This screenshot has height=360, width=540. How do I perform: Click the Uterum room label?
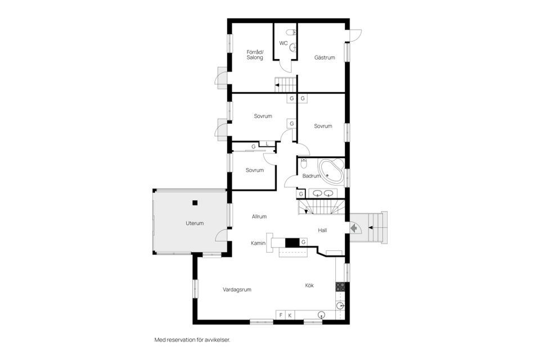tap(195, 223)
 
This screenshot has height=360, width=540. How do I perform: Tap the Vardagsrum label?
tap(237, 290)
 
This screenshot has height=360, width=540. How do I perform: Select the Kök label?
tap(309, 285)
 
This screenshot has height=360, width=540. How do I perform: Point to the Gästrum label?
tap(325, 57)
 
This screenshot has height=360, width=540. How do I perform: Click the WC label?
tap(283, 43)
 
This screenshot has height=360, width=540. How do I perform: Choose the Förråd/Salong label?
tap(255, 55)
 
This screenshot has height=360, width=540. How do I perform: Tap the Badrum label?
tap(311, 175)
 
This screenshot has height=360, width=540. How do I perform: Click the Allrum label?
tap(259, 217)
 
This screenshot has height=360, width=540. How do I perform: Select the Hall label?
tap(322, 230)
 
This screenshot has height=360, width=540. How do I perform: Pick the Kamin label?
tap(258, 243)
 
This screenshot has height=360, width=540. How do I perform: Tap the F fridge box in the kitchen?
tap(281, 315)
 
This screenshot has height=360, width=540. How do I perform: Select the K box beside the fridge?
tap(290, 315)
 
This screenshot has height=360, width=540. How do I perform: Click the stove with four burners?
tap(340, 287)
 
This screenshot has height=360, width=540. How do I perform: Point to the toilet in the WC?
tap(292, 33)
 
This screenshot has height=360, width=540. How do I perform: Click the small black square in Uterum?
tap(195, 202)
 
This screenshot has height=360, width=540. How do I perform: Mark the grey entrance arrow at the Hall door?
tap(353, 228)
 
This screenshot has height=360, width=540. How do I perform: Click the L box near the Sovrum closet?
tap(267, 144)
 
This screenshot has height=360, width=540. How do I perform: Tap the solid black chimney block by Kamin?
tap(292, 242)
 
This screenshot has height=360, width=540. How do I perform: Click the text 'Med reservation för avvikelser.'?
tap(192, 340)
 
